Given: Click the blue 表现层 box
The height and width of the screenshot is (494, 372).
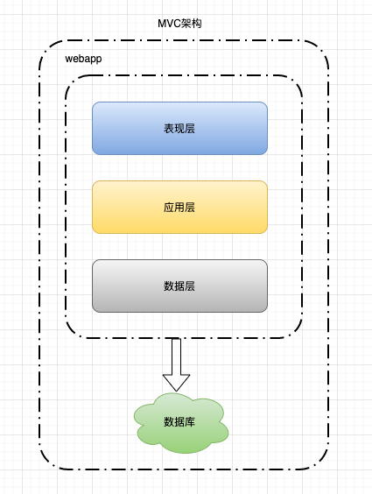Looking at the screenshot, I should pyautogui.click(x=179, y=128).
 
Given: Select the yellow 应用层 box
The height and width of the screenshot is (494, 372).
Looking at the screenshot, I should pyautogui.click(x=179, y=207).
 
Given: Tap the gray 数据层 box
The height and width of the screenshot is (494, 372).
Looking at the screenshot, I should pyautogui.click(x=179, y=286).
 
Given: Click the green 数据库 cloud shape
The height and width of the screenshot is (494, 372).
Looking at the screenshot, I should pyautogui.click(x=180, y=422).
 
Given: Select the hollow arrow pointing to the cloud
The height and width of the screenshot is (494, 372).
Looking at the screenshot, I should pyautogui.click(x=176, y=363).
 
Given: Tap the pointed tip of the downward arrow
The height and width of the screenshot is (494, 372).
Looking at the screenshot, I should pyautogui.click(x=176, y=390).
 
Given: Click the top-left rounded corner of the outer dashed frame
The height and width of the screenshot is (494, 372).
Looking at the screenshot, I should pyautogui.click(x=46, y=46).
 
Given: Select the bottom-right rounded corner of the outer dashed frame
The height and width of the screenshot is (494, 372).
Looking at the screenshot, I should pyautogui.click(x=322, y=462).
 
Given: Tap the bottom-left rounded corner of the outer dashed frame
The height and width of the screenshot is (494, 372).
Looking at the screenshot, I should pyautogui.click(x=46, y=462).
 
